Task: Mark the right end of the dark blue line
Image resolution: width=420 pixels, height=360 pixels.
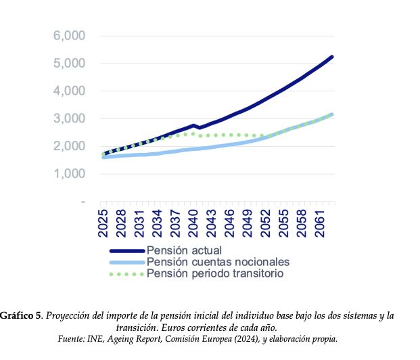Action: click(332, 57)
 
